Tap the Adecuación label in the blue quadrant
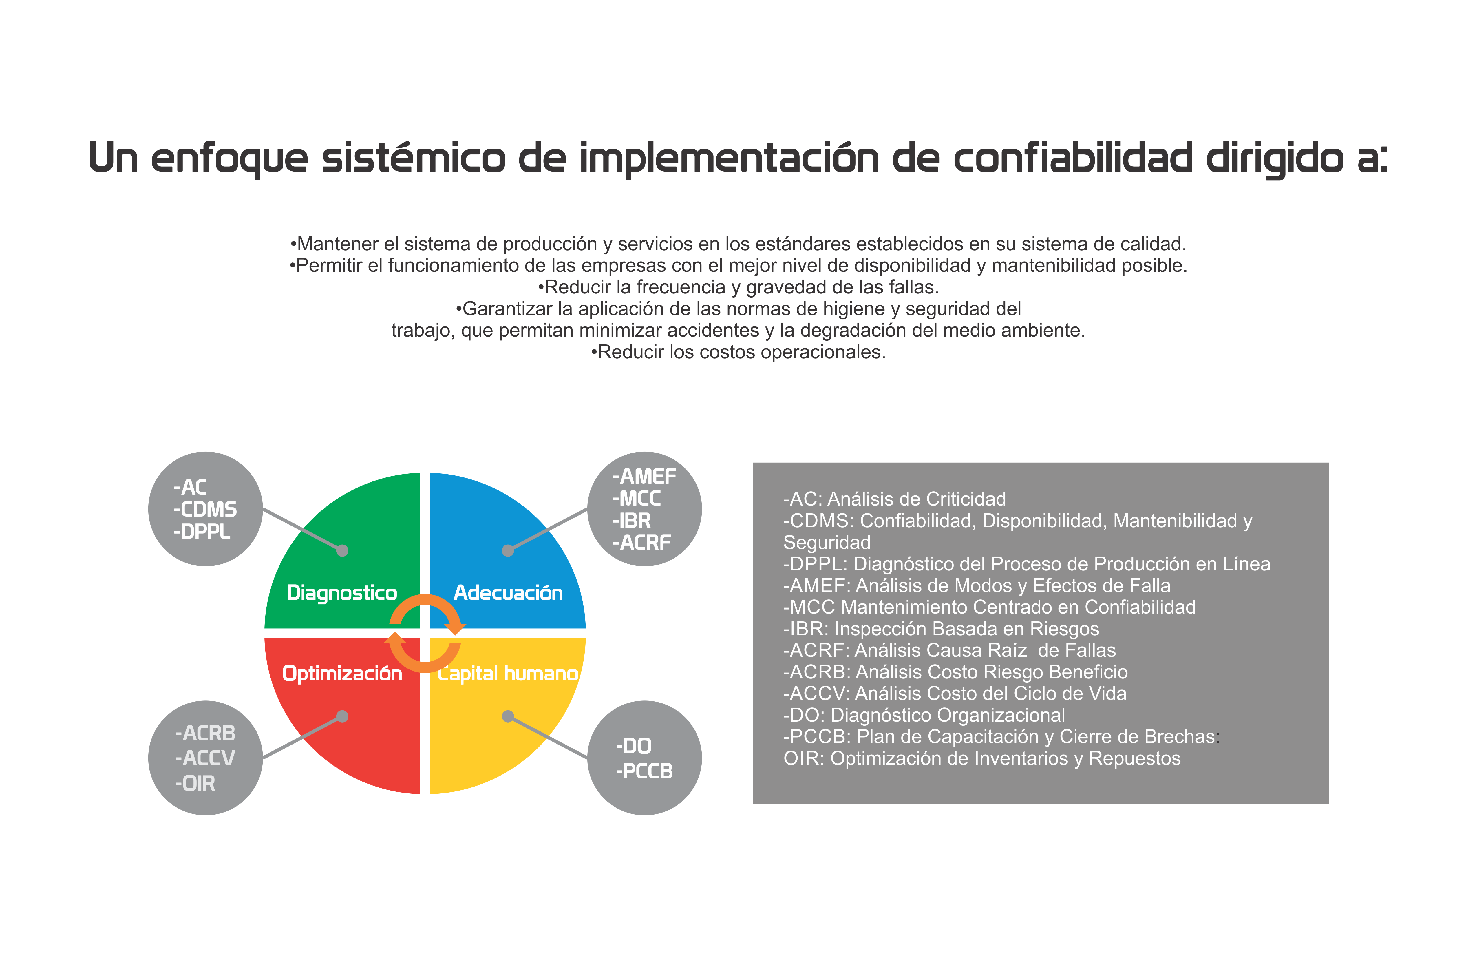(508, 593)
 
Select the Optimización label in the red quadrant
(342, 674)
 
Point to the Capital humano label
(508, 674)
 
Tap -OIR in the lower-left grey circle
(195, 783)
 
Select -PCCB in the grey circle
(644, 771)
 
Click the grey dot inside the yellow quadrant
(508, 716)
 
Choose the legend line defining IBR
(941, 629)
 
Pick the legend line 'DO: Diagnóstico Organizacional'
(924, 715)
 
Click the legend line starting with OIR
(982, 759)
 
